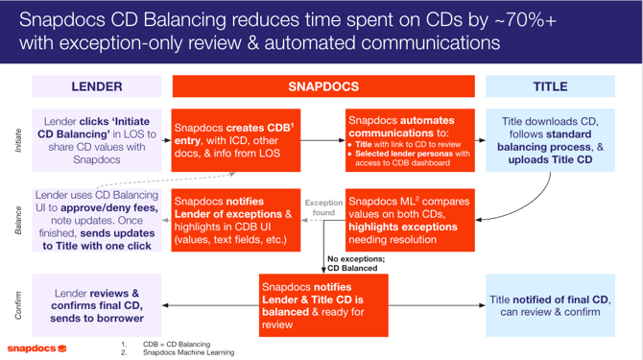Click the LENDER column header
tap(97, 86)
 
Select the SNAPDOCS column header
tap(323, 86)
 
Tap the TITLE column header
tap(550, 86)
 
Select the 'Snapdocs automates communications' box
tap(408, 141)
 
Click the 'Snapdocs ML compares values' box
tap(408, 219)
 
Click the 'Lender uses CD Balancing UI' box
tap(97, 219)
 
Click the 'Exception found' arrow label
tap(322, 208)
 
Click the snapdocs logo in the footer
tap(37, 348)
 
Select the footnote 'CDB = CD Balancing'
tap(177, 344)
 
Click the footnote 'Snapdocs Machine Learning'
tap(188, 352)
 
